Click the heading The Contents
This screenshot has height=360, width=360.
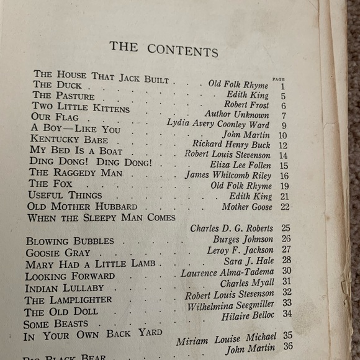pyautogui.click(x=164, y=48)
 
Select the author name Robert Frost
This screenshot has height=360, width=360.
pyautogui.click(x=247, y=106)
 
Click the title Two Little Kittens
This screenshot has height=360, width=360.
pyautogui.click(x=81, y=108)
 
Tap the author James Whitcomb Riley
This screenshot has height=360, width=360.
pyautogui.click(x=228, y=176)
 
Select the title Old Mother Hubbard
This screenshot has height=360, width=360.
pyautogui.click(x=78, y=206)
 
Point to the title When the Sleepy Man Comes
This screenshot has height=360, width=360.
pyautogui.click(x=101, y=218)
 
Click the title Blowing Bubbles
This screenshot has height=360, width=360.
pyautogui.click(x=70, y=241)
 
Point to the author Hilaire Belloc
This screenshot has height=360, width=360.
pyautogui.click(x=247, y=316)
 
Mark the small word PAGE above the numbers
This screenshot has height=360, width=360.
pyautogui.click(x=278, y=79)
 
